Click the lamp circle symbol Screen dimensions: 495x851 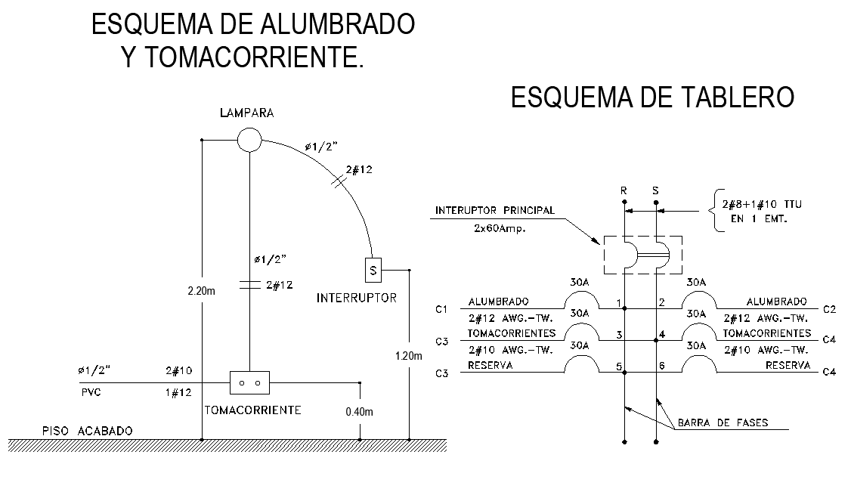[249, 140]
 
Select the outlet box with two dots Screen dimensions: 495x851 [249, 382]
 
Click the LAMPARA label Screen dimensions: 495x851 [246, 113]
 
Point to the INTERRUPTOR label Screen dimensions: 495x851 [356, 298]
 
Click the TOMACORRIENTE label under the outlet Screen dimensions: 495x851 [253, 410]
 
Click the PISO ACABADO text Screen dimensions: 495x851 [88, 431]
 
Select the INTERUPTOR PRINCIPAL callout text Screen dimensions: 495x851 [494, 209]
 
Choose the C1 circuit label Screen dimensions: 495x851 [442, 309]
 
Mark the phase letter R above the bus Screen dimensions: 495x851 [624, 191]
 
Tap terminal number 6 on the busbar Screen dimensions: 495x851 [663, 366]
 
